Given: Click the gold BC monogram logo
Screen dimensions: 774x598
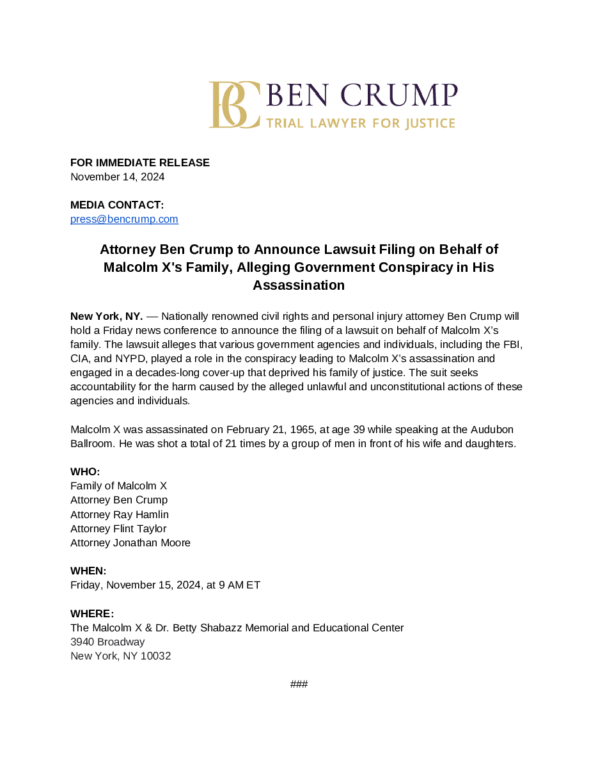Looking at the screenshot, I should click(234, 105).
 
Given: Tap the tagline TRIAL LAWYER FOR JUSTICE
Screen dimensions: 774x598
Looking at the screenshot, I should click(360, 123).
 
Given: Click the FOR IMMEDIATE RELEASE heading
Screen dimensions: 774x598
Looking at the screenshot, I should click(140, 162).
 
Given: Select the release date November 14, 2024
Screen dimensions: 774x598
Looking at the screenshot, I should click(118, 177).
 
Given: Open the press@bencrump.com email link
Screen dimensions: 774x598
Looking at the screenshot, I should click(124, 219).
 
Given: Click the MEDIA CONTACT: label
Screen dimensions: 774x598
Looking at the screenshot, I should click(117, 205).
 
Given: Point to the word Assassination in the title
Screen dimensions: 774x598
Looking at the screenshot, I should click(299, 285).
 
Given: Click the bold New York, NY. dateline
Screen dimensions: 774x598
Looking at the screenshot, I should click(106, 317).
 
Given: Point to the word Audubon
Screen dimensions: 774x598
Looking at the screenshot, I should click(489, 429).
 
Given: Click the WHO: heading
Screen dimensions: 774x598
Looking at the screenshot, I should click(85, 472).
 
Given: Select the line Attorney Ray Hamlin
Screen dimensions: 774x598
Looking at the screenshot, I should click(120, 514).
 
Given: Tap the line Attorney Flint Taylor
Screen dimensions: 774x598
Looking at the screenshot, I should click(118, 528).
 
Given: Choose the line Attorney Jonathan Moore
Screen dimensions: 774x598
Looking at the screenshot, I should click(130, 542).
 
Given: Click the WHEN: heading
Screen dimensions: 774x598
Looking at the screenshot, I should click(88, 571).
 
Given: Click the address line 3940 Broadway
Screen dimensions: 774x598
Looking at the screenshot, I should click(107, 642).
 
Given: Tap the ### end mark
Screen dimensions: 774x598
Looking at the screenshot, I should click(299, 684).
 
